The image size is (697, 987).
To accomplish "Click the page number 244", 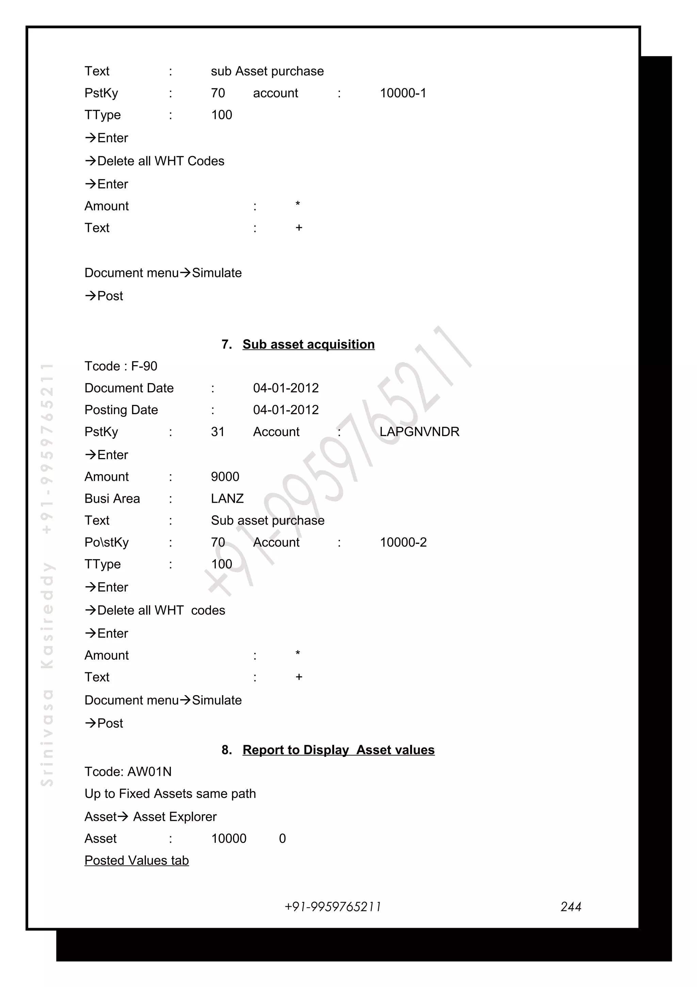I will point(570,907).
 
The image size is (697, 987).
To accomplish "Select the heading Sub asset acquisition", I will point(308,344).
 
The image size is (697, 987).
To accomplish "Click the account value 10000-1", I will point(403,93).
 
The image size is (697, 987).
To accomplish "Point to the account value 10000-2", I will point(403,543).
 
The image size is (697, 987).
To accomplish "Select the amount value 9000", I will point(225,477).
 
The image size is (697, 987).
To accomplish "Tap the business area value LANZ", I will point(227,499).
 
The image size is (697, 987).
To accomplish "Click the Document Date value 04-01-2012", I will point(286,388).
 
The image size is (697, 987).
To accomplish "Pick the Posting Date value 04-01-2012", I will point(286,410).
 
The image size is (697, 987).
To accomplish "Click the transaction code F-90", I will point(144,366).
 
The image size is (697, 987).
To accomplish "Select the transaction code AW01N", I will point(149,772).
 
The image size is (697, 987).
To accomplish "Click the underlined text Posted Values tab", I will point(136,861).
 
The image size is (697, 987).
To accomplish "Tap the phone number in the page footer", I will point(333,907).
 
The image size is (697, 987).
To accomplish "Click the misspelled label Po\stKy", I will point(107,543).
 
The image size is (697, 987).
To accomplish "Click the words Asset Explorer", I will point(175,817).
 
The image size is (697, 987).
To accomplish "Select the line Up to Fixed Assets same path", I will point(170,794).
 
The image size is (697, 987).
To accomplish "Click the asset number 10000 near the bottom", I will point(229,839).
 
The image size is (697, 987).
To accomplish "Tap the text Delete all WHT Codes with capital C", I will point(161,161).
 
